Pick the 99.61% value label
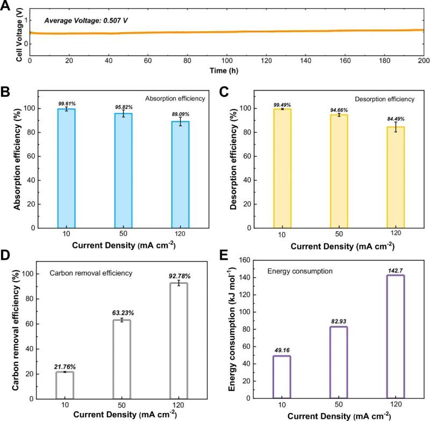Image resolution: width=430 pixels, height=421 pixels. (66, 102)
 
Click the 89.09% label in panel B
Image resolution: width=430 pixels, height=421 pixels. (180, 114)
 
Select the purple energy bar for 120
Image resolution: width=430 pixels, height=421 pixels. (396, 337)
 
